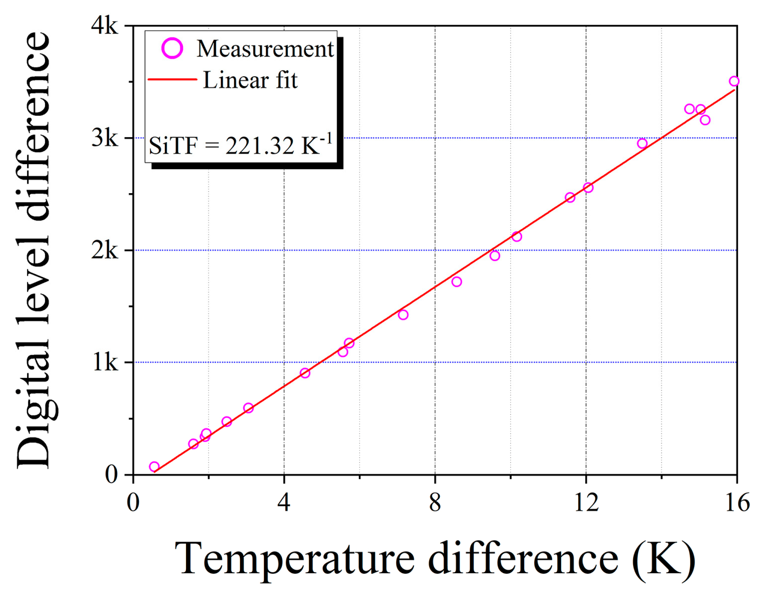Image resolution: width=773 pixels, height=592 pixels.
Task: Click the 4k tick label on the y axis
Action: pyautogui.click(x=105, y=26)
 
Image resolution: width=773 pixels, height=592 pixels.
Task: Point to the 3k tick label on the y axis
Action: pyautogui.click(x=105, y=138)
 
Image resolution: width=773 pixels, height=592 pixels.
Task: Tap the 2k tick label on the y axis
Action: pyautogui.click(x=105, y=250)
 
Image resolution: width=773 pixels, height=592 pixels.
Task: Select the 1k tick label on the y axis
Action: pyautogui.click(x=105, y=362)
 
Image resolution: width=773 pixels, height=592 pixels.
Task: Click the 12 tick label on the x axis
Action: pyautogui.click(x=586, y=502)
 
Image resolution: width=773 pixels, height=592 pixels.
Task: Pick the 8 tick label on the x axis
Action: pyautogui.click(x=435, y=502)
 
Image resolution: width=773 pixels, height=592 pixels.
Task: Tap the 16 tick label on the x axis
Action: pyautogui.click(x=737, y=502)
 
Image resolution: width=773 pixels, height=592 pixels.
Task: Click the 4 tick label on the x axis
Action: pyautogui.click(x=284, y=502)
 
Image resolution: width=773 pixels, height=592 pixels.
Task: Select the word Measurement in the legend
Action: pyautogui.click(x=265, y=49)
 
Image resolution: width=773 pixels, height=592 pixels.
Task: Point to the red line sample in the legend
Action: pyautogui.click(x=172, y=79)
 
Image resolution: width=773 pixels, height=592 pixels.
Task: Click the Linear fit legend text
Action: pyautogui.click(x=250, y=80)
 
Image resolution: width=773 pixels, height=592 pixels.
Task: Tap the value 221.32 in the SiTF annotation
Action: pyautogui.click(x=259, y=146)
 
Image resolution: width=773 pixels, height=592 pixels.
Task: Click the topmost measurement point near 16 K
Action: pyautogui.click(x=734, y=81)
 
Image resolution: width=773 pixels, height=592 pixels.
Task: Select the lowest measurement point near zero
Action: pyautogui.click(x=154, y=467)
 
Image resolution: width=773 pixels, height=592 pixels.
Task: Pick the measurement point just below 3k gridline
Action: pyautogui.click(x=642, y=143)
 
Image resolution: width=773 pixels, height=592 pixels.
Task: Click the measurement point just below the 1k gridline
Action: pyautogui.click(x=305, y=373)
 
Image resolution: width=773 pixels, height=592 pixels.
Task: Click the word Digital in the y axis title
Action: pyautogui.click(x=34, y=420)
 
